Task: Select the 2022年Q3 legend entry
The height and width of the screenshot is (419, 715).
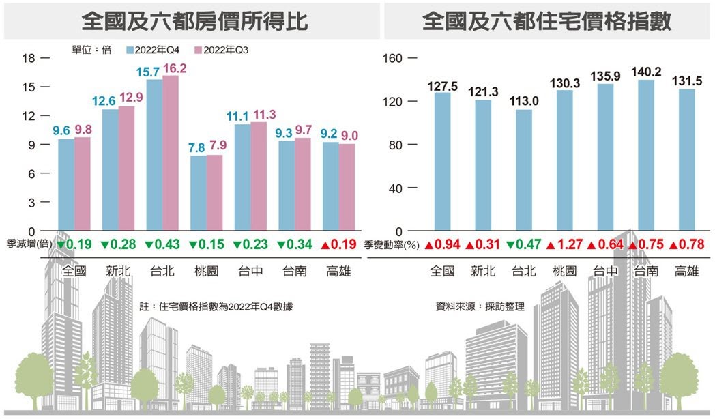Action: [x=221, y=50]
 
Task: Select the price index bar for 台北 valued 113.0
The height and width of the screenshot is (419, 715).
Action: [x=524, y=171]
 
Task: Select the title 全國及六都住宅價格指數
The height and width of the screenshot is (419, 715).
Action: [x=547, y=22]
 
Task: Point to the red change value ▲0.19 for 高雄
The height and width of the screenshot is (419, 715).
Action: [x=336, y=244]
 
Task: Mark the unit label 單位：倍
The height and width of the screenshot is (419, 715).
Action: [x=91, y=50]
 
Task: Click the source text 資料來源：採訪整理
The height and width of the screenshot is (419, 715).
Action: [x=480, y=307]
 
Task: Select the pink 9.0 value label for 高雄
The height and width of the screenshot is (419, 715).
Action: [x=348, y=134]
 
